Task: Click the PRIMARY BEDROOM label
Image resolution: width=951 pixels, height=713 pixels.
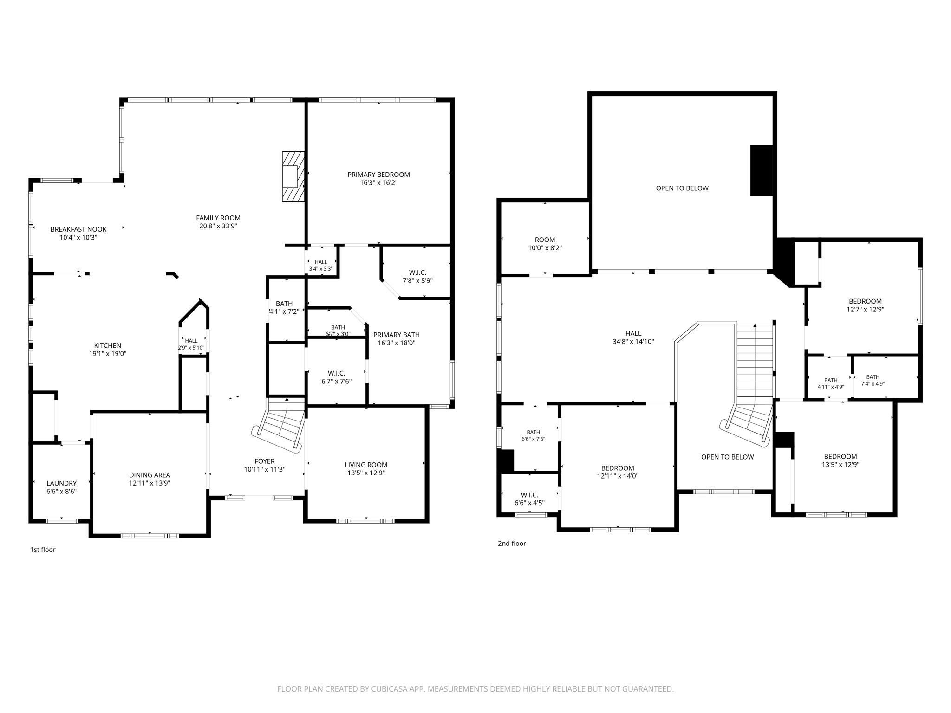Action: (x=378, y=175)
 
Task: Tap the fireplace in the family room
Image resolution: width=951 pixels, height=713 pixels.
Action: (x=293, y=176)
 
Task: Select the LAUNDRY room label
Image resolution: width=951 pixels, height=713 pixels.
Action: (x=61, y=483)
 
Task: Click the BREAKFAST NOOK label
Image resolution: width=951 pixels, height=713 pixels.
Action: (x=78, y=229)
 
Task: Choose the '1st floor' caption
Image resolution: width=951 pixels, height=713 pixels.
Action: (x=43, y=550)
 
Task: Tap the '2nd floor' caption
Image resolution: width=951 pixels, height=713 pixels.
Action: (x=512, y=543)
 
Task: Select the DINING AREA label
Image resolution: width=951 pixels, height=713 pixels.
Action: (x=150, y=475)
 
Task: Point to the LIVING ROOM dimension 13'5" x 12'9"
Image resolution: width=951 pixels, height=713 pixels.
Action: (x=366, y=473)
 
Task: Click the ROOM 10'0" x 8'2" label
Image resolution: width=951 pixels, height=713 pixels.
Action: (x=545, y=244)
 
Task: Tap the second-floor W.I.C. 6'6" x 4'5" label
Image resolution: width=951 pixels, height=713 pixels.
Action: (x=529, y=499)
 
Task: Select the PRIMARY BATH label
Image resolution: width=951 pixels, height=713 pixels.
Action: (x=396, y=335)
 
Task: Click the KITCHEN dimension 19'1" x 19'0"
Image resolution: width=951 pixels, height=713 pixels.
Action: (x=108, y=354)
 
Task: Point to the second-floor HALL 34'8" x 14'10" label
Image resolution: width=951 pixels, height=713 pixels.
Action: (x=633, y=337)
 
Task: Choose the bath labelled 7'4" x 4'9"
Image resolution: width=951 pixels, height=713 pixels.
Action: (x=873, y=381)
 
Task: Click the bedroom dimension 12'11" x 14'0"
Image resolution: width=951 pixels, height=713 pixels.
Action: (x=618, y=476)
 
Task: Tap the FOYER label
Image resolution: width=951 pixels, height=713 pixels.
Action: (x=265, y=461)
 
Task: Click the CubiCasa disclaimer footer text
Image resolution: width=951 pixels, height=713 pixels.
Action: (x=475, y=689)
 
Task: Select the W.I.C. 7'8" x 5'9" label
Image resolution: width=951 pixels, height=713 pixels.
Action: (x=417, y=277)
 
